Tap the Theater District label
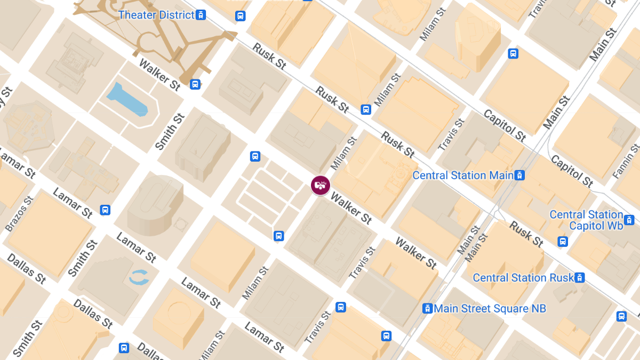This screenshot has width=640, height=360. tap(156, 15)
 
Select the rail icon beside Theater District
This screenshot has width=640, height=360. tap(201, 15)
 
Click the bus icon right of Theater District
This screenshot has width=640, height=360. tap(241, 16)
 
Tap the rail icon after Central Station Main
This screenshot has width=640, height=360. tap(520, 175)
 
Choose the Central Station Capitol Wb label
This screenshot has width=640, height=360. tap(586, 220)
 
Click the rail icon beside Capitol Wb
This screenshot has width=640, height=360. tap(629, 220)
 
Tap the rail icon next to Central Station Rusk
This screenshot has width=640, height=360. tap(580, 278)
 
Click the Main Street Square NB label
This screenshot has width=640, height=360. tap(490, 309)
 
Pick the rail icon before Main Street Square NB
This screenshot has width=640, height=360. tap(427, 308)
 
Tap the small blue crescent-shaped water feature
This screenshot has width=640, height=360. tap(139, 277)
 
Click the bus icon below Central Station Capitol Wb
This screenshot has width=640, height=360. tap(563, 242)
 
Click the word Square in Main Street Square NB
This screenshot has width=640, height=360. tap(513, 309)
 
